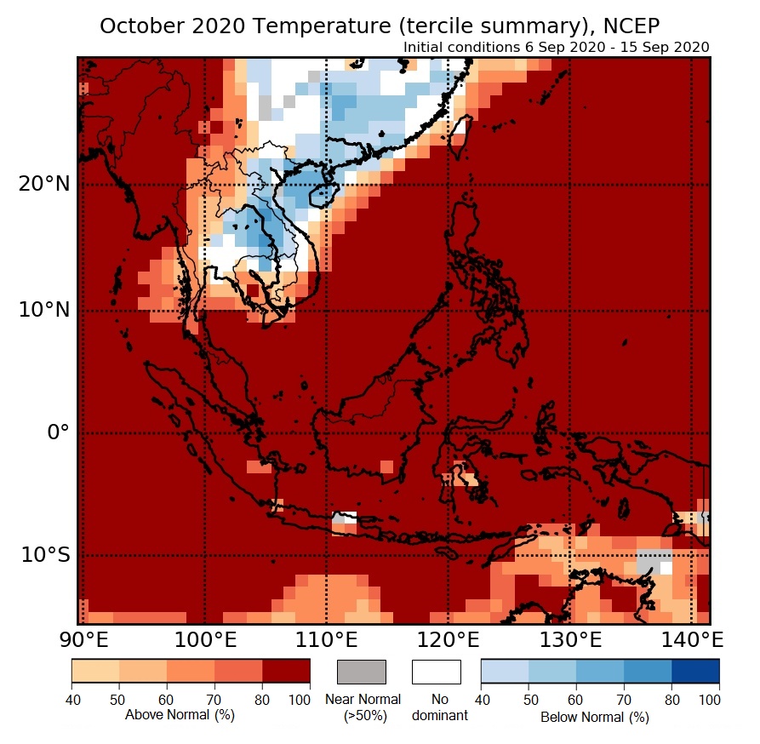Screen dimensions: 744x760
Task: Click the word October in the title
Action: [137, 26]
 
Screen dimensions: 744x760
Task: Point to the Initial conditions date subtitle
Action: [556, 47]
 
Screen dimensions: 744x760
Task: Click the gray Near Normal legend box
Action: [362, 672]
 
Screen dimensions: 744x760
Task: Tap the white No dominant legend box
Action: [437, 672]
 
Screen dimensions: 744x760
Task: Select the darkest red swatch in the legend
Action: [286, 672]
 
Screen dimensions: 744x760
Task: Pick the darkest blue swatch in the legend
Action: [695, 672]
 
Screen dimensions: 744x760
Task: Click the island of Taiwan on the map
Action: [460, 136]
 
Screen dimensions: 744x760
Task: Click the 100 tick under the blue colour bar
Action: [708, 700]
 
